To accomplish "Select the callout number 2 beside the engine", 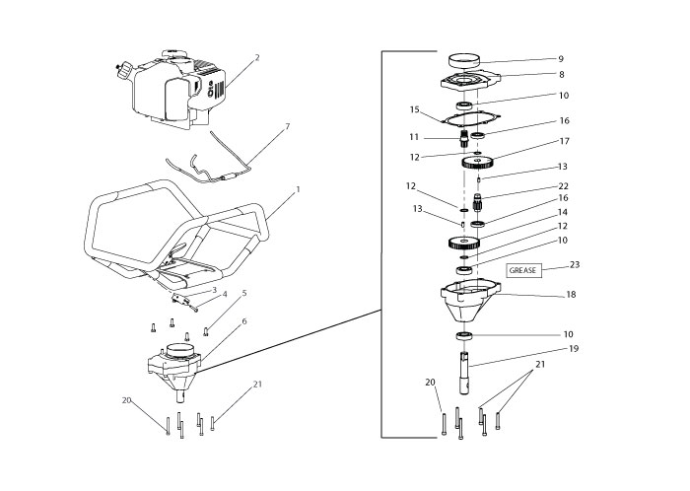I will [x=257, y=58].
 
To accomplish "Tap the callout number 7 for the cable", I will [x=287, y=127].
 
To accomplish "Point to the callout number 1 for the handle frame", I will [x=299, y=188].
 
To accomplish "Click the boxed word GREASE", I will [x=522, y=269].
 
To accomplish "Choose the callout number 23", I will [x=576, y=264].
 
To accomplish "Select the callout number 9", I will [x=560, y=58].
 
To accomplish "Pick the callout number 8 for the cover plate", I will [x=560, y=73].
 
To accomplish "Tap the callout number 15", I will [x=415, y=108].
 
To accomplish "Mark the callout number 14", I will [x=563, y=212].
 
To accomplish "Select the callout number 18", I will [x=571, y=295].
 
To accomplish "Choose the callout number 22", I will [x=563, y=186].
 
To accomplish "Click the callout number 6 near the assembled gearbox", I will [x=244, y=321].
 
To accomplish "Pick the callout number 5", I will [x=244, y=293].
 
